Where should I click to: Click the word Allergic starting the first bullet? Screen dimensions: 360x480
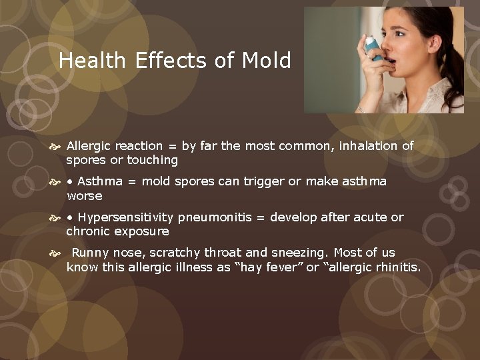coord(89,145)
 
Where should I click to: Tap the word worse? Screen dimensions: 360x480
coord(85,196)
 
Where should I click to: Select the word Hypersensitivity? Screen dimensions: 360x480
coord(127,217)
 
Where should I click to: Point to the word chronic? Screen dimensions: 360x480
coord(88,232)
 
